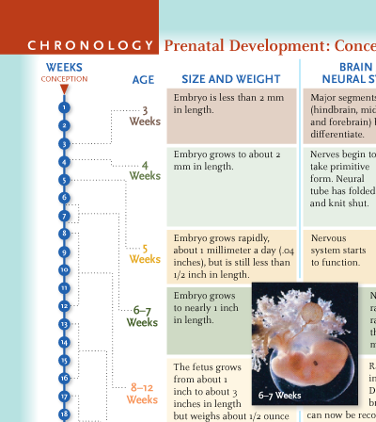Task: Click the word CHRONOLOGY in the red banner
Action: [90, 45]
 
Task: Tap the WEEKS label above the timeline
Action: [64, 68]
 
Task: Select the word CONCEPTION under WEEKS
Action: [64, 79]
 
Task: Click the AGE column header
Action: [143, 80]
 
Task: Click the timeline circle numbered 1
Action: [64, 107]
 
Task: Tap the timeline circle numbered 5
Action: [64, 179]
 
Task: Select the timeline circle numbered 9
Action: [64, 252]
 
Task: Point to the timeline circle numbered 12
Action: [64, 306]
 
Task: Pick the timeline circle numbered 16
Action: [64, 378]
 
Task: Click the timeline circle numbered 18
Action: [64, 414]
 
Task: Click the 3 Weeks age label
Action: [145, 116]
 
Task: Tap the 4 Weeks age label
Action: [145, 170]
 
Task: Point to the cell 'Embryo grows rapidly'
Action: [230, 253]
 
